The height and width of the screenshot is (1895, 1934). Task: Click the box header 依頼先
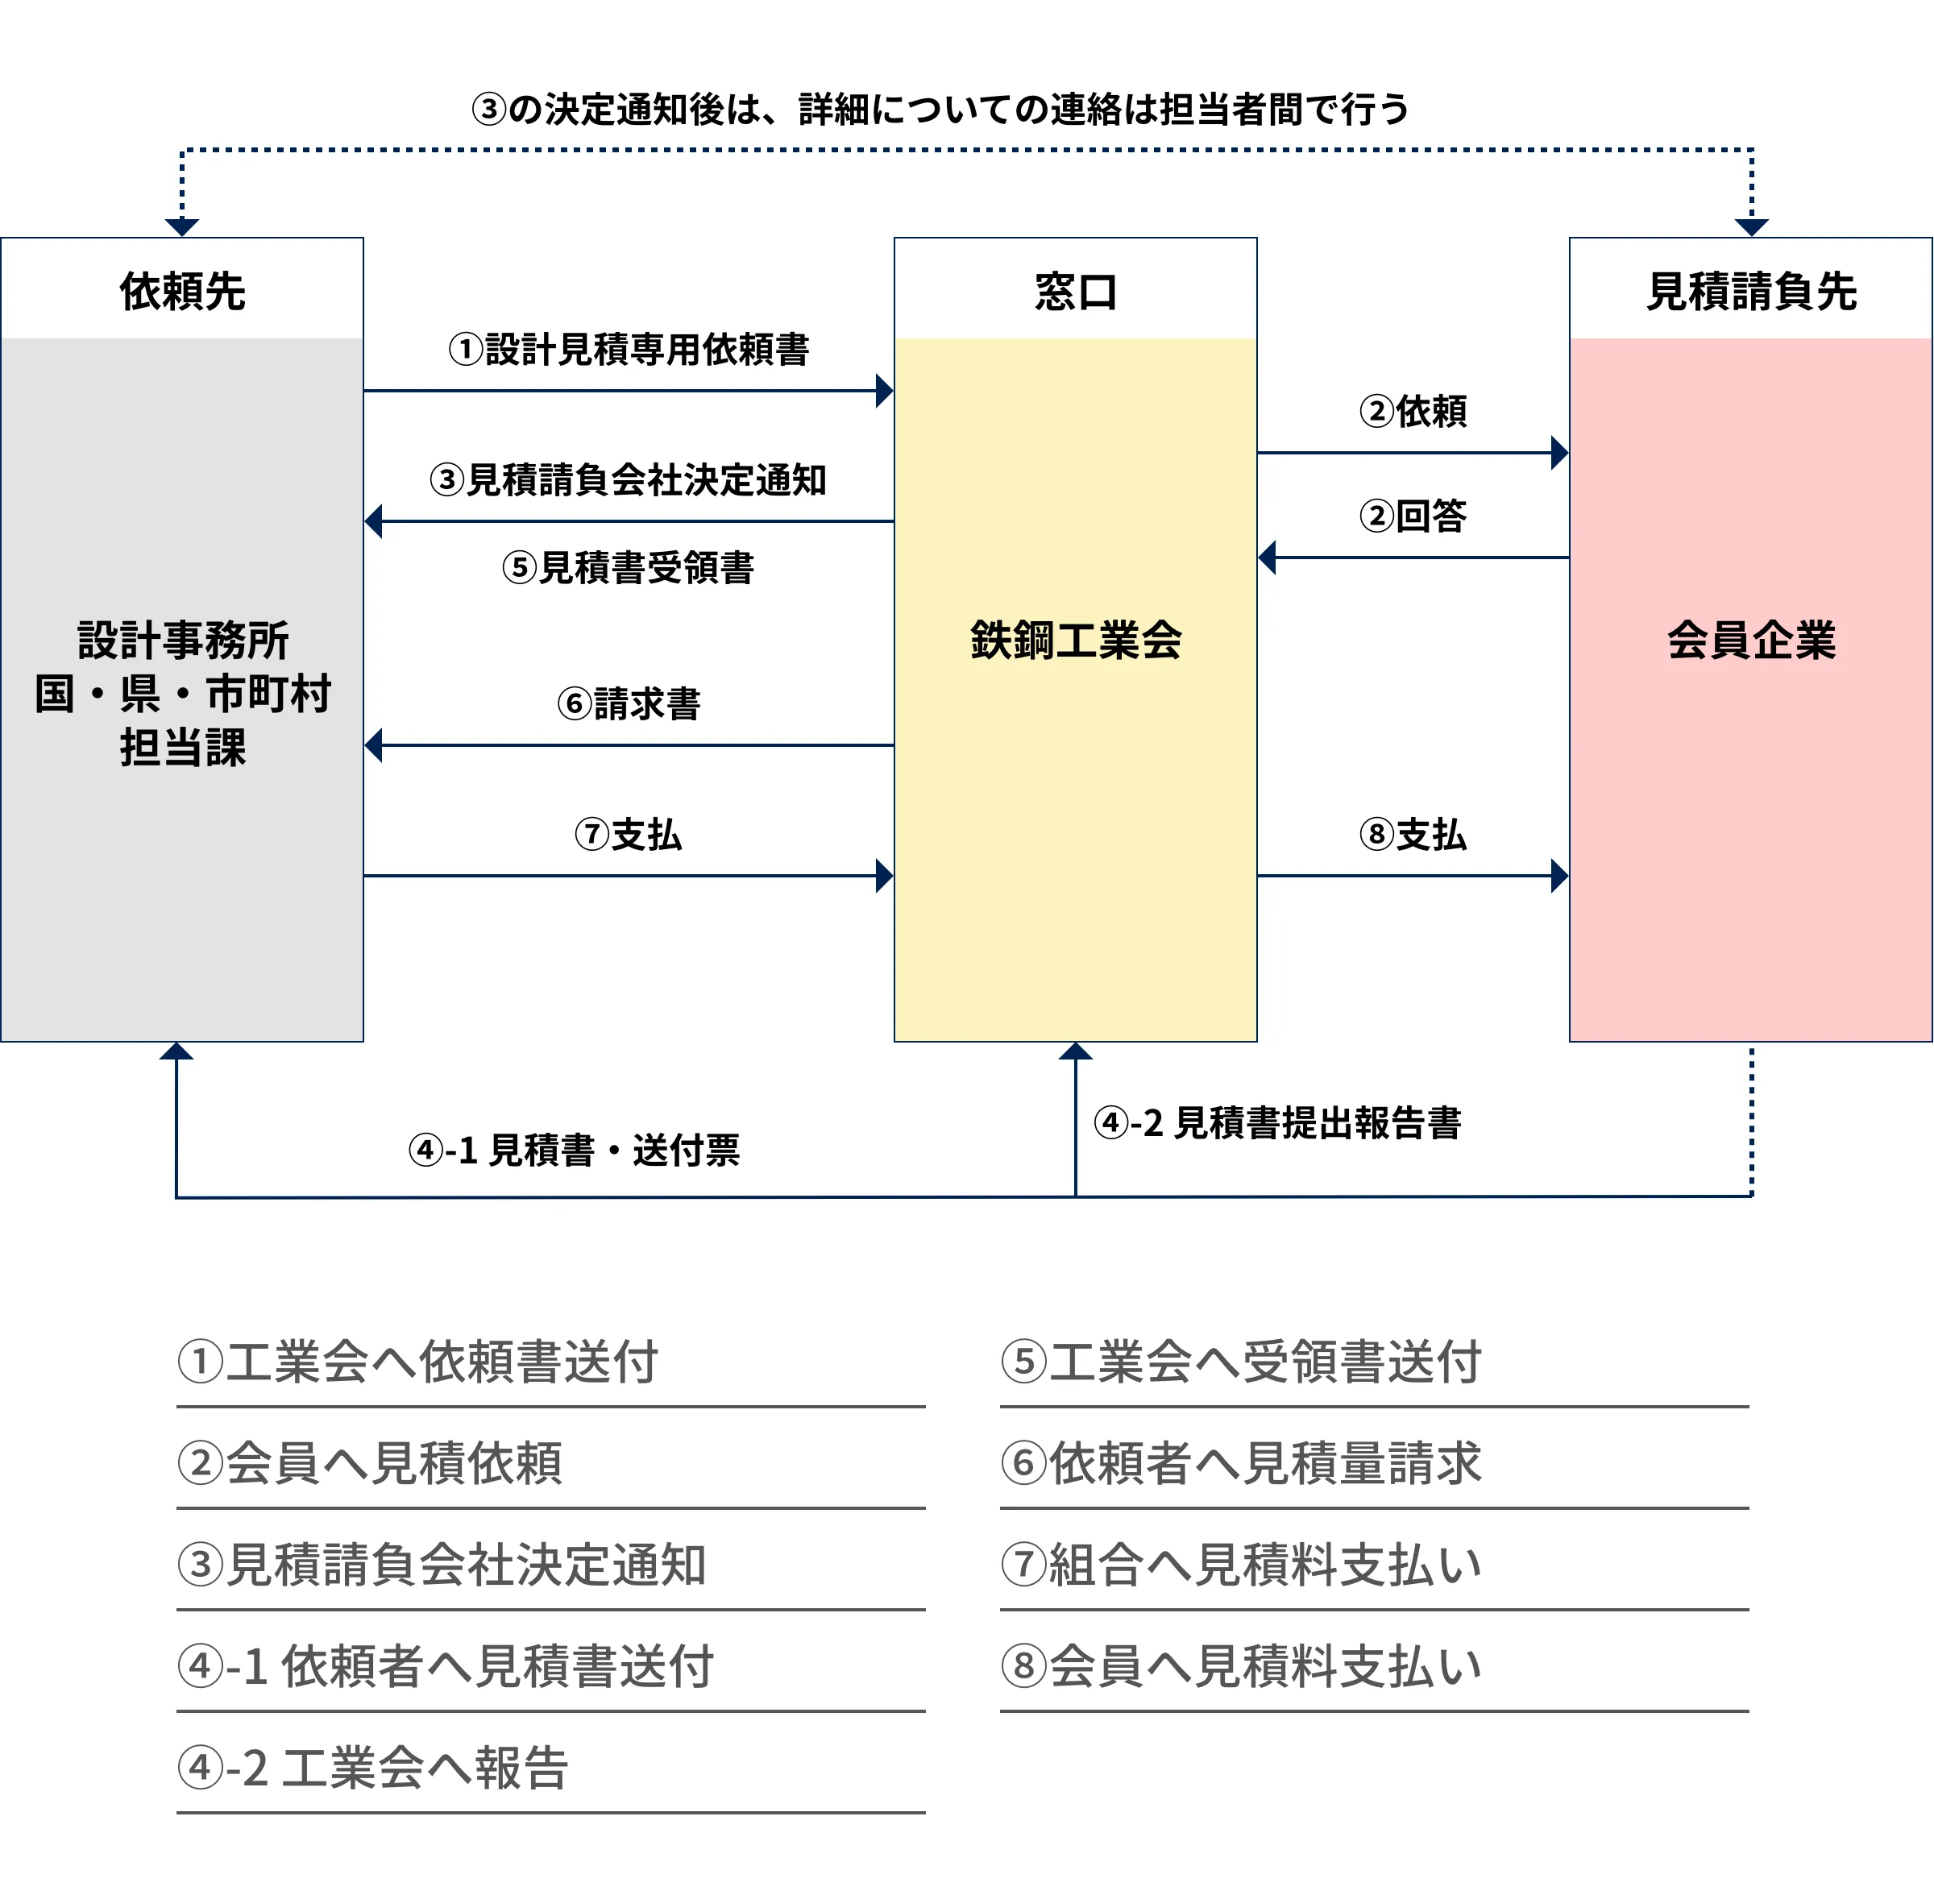(x=182, y=292)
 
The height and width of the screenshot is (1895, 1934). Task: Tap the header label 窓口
(x=1075, y=292)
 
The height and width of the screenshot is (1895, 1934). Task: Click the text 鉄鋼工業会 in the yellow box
(x=1075, y=640)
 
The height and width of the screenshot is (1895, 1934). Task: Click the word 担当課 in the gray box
(x=182, y=748)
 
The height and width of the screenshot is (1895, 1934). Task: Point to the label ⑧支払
(x=1413, y=834)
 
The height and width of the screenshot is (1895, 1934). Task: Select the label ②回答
(x=1413, y=516)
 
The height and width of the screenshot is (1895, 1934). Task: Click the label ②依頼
(x=1413, y=410)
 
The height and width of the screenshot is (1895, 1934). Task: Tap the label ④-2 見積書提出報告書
(x=1277, y=1122)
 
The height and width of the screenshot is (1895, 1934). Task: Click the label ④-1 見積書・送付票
(x=575, y=1150)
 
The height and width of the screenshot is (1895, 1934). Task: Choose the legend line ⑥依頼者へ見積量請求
(x=1241, y=1463)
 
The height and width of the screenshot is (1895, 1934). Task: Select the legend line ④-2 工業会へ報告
(x=372, y=1768)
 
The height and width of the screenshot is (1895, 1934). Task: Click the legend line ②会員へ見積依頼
(x=369, y=1463)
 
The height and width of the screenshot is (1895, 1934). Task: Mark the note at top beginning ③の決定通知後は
(x=940, y=110)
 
